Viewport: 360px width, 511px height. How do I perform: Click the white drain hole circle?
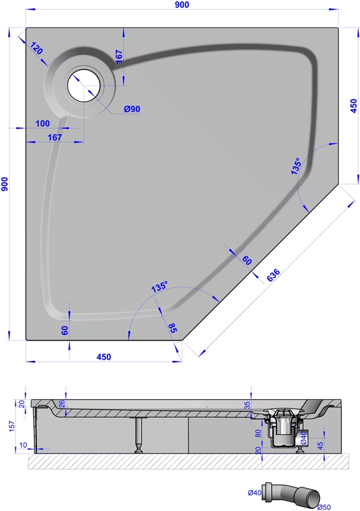[x=84, y=86]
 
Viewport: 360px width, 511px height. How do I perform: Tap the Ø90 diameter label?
[x=132, y=109]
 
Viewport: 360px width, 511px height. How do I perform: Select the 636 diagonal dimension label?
[x=273, y=275]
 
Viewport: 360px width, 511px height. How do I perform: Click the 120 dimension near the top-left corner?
[x=36, y=49]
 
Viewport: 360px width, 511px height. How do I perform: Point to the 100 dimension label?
[x=43, y=123]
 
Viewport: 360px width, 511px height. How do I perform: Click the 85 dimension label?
[x=172, y=328]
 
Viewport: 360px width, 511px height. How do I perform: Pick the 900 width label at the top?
[x=182, y=4]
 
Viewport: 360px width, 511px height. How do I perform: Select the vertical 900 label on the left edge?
[x=4, y=184]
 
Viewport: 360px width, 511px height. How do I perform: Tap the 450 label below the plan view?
[x=103, y=357]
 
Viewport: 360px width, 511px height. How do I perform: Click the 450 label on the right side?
[x=354, y=106]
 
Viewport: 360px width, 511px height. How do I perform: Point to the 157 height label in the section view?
[x=11, y=426]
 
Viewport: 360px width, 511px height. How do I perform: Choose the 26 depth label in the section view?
[x=62, y=404]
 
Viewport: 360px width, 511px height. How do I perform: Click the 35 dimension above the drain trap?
[x=247, y=405]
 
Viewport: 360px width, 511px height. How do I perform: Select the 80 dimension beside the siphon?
[x=258, y=434]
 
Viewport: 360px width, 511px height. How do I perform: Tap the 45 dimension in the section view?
[x=320, y=445]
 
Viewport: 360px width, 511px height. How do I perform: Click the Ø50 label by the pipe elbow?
[x=324, y=507]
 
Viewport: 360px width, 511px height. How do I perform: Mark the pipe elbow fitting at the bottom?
[x=292, y=494]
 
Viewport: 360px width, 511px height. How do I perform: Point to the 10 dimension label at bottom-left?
[x=23, y=445]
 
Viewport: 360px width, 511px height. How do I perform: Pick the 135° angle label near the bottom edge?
[x=160, y=286]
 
